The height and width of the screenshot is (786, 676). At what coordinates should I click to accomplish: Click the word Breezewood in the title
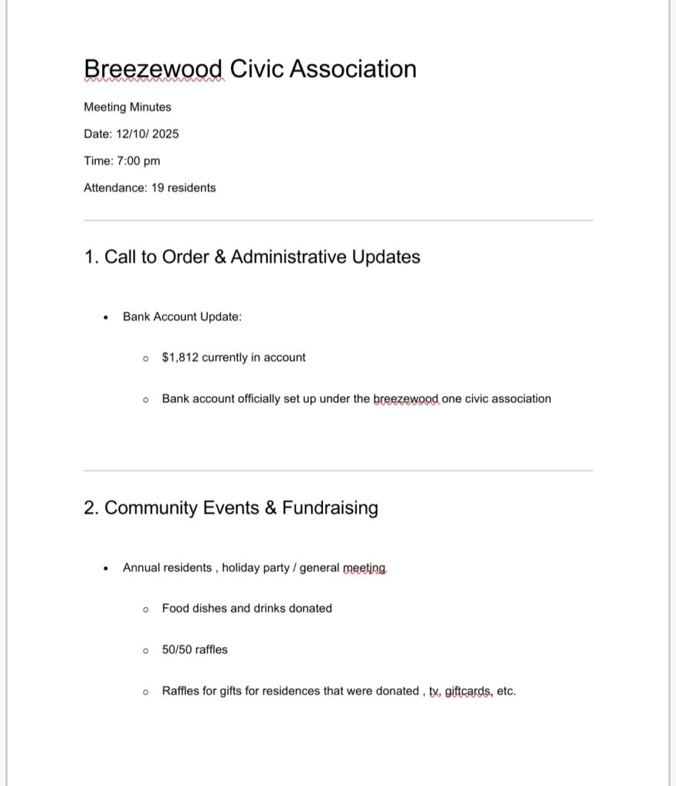(153, 69)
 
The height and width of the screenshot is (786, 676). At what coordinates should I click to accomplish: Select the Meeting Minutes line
(127, 107)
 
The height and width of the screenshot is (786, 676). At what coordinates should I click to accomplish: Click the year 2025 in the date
(165, 134)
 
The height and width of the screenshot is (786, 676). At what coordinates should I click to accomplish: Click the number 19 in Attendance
(157, 187)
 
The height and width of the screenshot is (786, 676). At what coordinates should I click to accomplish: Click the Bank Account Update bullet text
(182, 316)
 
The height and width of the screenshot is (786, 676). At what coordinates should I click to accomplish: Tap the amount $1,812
(180, 357)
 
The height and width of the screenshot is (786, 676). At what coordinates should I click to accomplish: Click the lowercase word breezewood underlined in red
(406, 399)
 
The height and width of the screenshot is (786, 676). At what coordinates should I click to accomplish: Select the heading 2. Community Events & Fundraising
(230, 508)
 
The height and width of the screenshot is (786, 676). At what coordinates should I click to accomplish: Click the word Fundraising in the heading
(330, 508)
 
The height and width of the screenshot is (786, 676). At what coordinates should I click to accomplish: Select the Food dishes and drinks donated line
(246, 609)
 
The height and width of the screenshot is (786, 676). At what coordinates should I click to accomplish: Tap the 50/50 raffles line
(195, 649)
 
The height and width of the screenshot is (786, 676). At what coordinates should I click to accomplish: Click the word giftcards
(468, 691)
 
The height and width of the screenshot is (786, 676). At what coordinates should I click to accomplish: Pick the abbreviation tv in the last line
(435, 691)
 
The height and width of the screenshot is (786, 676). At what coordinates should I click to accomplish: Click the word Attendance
(114, 187)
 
